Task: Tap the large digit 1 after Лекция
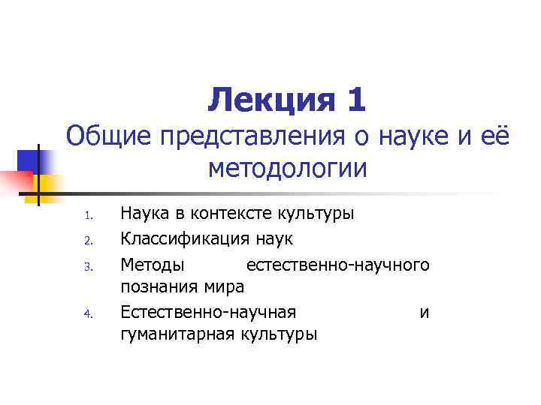(x=355, y=100)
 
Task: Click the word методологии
(x=288, y=169)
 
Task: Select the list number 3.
(x=87, y=265)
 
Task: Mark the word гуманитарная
(x=178, y=334)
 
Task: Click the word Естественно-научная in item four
(x=208, y=311)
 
